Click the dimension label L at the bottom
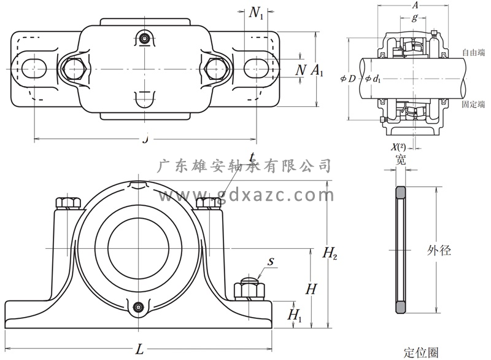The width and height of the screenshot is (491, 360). [139, 350]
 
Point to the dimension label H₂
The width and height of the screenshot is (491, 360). [330, 252]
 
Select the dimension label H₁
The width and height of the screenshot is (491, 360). [295, 315]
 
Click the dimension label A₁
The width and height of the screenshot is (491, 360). [317, 70]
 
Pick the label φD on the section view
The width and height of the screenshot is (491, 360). [347, 79]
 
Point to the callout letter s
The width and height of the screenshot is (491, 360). [271, 262]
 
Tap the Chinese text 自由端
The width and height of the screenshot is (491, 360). [473, 52]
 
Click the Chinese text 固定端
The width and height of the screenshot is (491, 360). [473, 104]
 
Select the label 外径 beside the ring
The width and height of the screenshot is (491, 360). [439, 251]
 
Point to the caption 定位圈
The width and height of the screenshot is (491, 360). [421, 353]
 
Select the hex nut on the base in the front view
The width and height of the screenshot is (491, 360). [248, 288]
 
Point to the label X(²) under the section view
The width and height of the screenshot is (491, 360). [398, 147]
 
